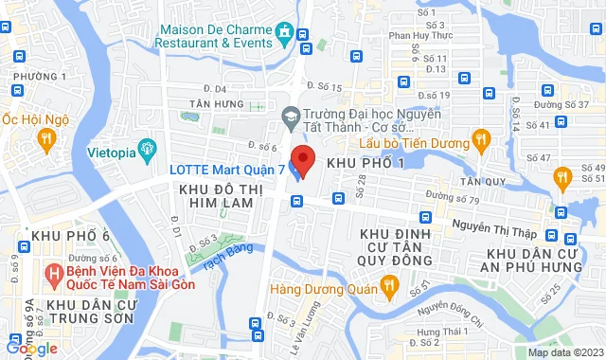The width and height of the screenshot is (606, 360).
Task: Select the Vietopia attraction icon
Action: coord(146,148)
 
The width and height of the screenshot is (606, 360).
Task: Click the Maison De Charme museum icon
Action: coord(284,35)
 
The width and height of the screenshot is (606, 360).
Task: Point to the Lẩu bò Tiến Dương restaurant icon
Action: coord(480,141)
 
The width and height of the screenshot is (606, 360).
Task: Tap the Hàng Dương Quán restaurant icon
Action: coord(387,286)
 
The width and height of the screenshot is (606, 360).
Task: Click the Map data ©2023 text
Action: coord(565,352)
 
